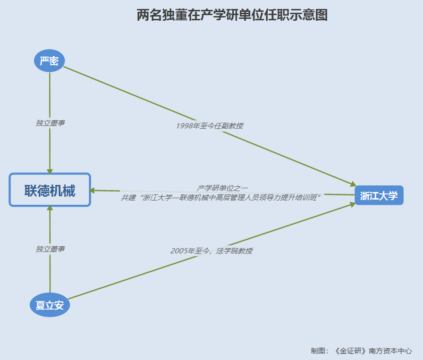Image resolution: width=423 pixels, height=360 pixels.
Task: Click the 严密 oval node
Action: coord(50,61)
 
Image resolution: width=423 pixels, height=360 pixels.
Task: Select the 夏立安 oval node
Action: coord(50,305)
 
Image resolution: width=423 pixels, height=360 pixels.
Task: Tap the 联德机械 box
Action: coord(50,190)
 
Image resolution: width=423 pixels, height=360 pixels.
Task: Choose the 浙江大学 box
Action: coord(379,195)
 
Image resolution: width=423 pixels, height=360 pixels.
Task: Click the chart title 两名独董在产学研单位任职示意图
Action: coord(232,15)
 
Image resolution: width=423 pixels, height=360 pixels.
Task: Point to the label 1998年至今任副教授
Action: coord(209,126)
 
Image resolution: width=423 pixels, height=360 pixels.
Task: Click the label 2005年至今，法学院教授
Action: coord(211,251)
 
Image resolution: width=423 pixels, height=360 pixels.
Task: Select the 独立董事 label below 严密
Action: coord(50,123)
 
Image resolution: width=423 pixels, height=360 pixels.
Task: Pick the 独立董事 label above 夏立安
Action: coord(50,249)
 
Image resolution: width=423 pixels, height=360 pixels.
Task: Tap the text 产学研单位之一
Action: coord(222,188)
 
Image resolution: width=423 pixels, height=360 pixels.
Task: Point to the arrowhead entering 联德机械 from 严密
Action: coord(50,171)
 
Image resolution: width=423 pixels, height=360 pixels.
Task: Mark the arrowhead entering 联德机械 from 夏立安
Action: coord(50,209)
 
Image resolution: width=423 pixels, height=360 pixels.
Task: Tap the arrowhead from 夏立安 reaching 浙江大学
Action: coord(352,204)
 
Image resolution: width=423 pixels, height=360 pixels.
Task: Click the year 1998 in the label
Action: coord(184,126)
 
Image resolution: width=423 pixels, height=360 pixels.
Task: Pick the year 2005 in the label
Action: coord(179,251)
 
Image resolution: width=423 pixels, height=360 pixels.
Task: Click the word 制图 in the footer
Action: coord(318,351)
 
